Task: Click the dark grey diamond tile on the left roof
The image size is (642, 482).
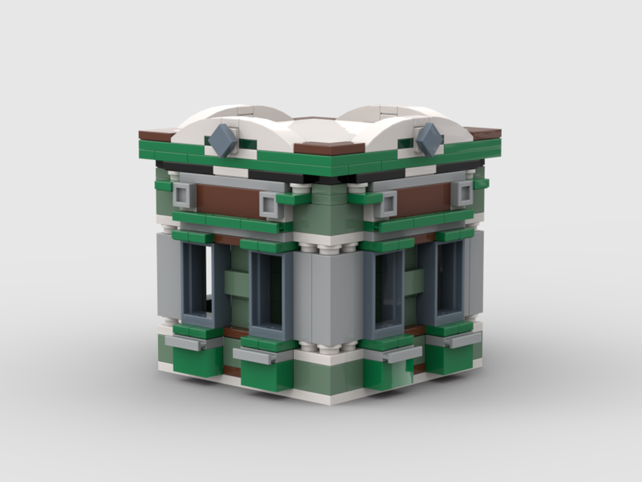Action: [223, 141]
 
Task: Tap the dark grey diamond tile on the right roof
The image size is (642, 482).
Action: [429, 139]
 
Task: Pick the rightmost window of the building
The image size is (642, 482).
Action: [449, 281]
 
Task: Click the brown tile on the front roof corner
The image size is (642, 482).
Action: [329, 148]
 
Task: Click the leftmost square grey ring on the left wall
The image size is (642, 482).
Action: [184, 195]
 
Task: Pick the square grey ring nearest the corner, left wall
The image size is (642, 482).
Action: [271, 204]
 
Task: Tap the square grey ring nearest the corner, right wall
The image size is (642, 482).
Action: [386, 204]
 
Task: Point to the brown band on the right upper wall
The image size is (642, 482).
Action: [424, 200]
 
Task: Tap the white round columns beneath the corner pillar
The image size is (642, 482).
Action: [329, 348]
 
